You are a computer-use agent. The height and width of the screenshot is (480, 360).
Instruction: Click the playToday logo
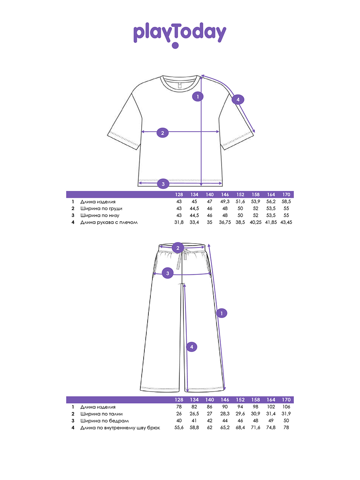(180, 34)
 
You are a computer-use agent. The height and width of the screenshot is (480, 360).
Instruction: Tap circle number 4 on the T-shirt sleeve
(238, 100)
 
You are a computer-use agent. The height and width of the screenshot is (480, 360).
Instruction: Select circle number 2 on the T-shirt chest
(162, 133)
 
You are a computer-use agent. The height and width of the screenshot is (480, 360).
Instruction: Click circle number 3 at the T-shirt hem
(162, 184)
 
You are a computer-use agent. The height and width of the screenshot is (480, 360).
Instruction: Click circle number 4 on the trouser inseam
(192, 347)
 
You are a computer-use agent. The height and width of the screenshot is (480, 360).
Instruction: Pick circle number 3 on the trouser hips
(168, 274)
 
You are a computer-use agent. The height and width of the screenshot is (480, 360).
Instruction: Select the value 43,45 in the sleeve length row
(286, 222)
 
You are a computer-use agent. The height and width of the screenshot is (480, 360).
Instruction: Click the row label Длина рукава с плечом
(109, 222)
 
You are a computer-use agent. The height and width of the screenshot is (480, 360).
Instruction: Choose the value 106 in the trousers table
(286, 407)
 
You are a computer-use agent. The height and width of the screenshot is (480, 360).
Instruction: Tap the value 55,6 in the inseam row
(179, 428)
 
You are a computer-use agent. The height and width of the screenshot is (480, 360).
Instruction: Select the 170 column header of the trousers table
(286, 400)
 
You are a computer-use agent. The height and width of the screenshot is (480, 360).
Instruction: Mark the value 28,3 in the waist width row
(225, 414)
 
